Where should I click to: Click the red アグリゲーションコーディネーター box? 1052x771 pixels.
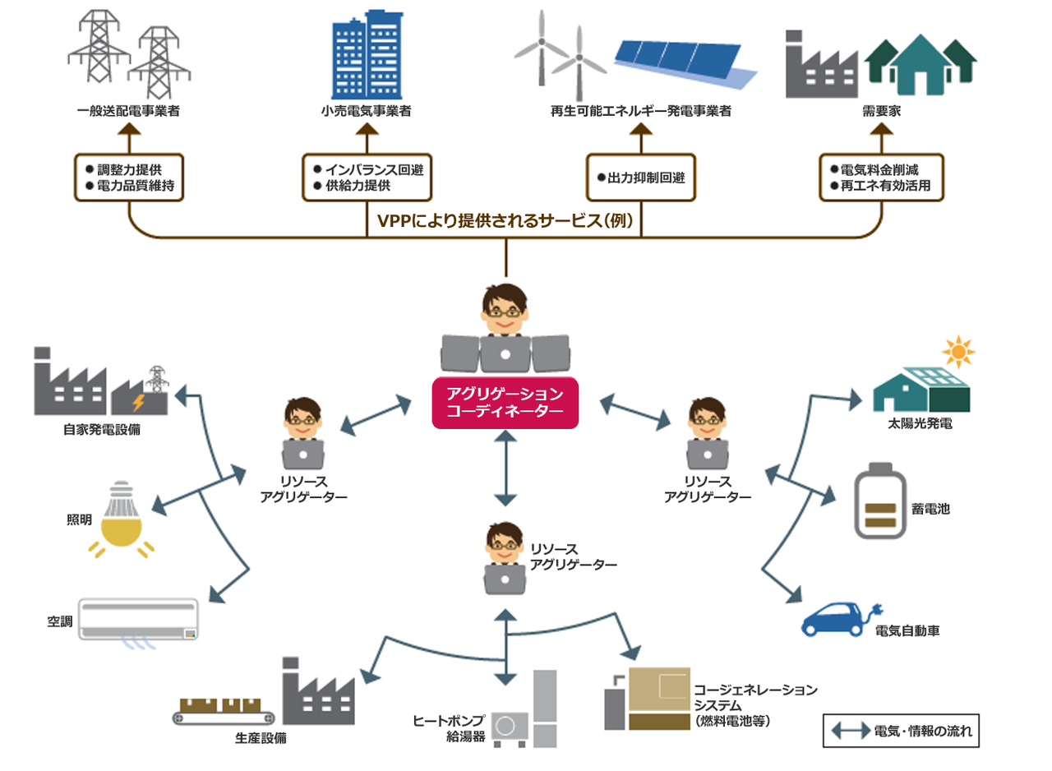coord(505,402)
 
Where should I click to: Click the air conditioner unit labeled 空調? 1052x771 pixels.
coord(138,618)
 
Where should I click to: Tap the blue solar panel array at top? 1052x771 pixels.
coord(684,62)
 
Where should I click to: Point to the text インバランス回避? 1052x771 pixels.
coord(367,170)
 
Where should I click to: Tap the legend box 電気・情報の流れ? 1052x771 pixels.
coord(901,730)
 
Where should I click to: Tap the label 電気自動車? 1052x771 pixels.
coord(907,631)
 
